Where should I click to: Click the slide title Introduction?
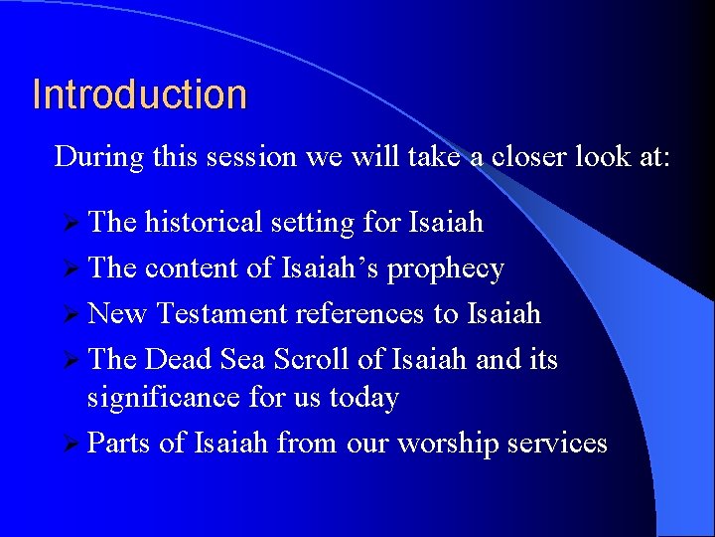pyautogui.click(x=139, y=94)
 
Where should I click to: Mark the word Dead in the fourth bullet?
pyautogui.click(x=174, y=358)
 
